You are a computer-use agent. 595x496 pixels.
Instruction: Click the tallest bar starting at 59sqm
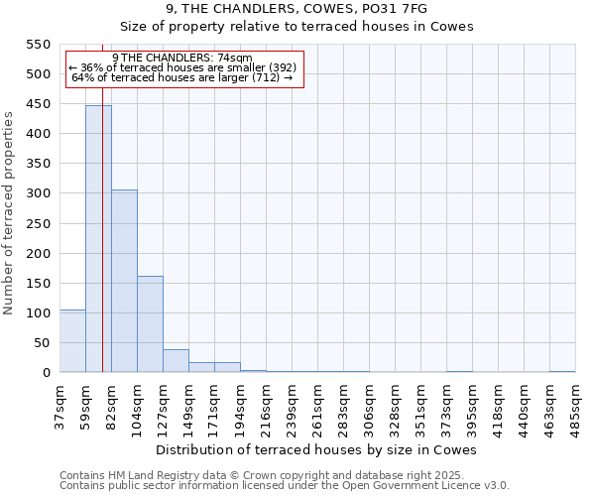coord(98,238)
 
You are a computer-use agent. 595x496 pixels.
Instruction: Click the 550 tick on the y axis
coord(37,45)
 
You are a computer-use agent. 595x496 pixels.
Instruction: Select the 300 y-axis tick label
coord(37,193)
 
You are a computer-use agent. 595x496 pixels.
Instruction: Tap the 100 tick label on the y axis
coord(37,312)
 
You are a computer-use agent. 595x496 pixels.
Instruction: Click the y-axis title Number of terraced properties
coord(9,213)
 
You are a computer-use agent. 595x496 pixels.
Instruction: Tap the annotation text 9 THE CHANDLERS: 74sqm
coord(182,58)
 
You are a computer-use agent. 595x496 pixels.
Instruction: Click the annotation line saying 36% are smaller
coord(182,67)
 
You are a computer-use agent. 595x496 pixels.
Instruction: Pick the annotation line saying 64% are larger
coord(182,77)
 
